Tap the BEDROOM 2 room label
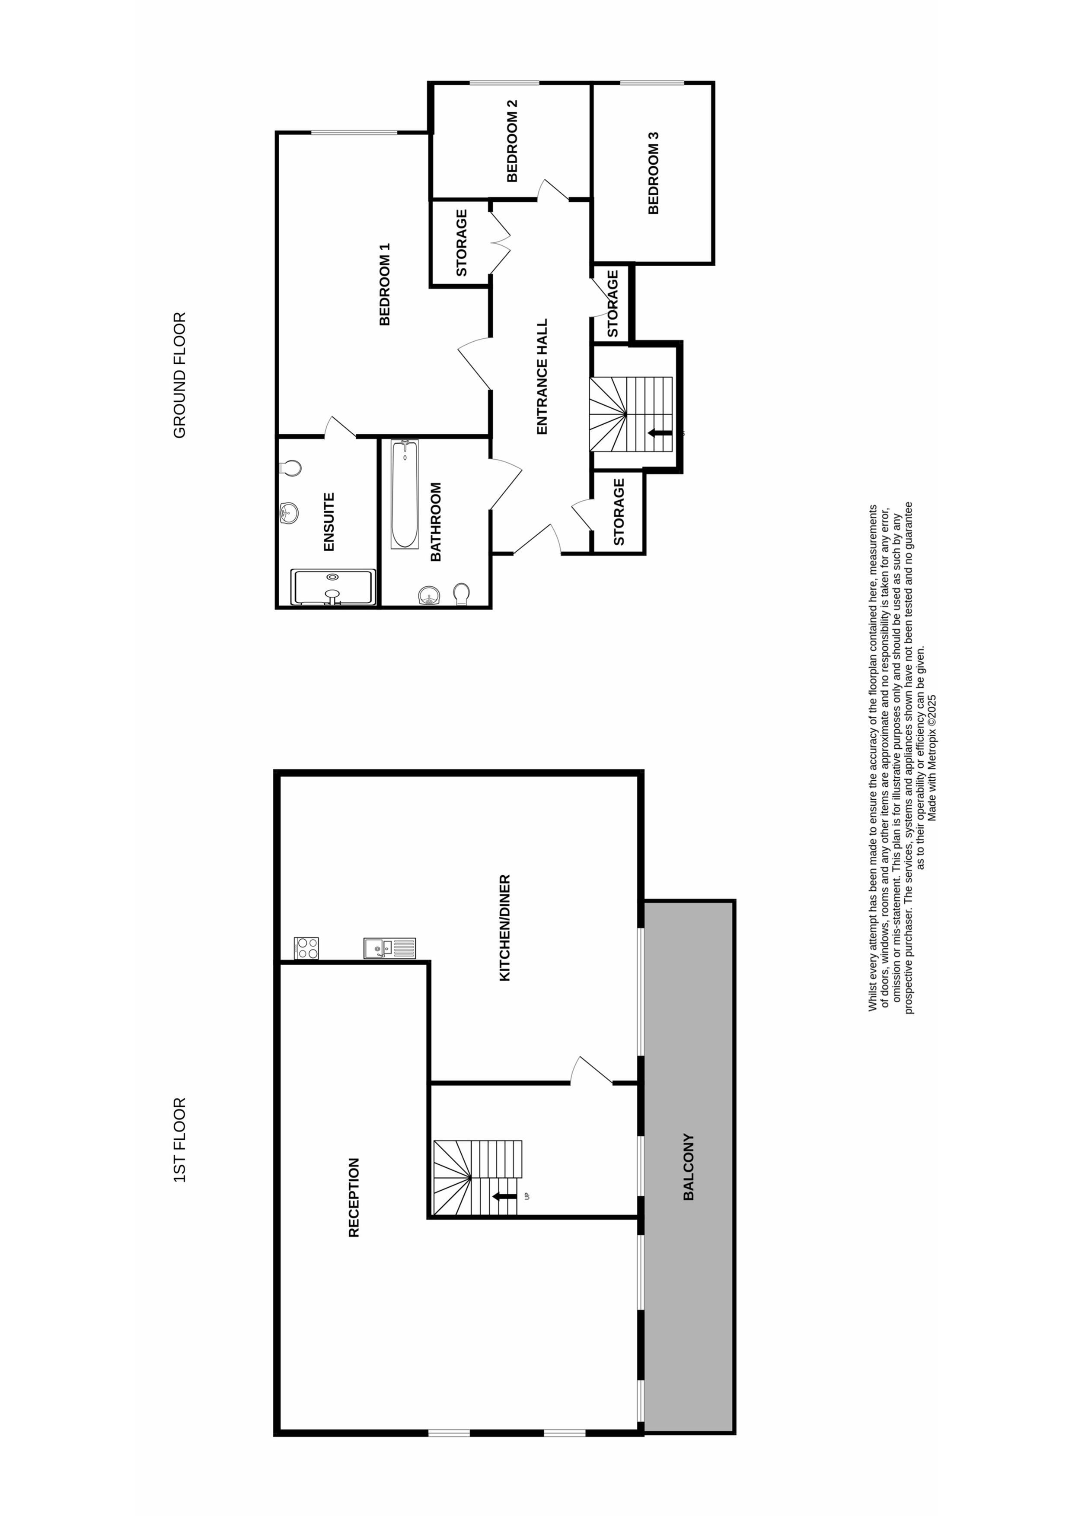(x=512, y=141)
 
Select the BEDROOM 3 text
(x=653, y=173)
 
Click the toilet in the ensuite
(x=290, y=468)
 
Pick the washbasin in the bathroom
(x=429, y=596)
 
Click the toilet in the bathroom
(x=461, y=594)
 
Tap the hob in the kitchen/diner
(x=306, y=948)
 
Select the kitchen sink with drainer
(x=389, y=948)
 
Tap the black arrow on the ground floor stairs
(x=660, y=433)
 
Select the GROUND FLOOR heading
(x=180, y=375)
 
